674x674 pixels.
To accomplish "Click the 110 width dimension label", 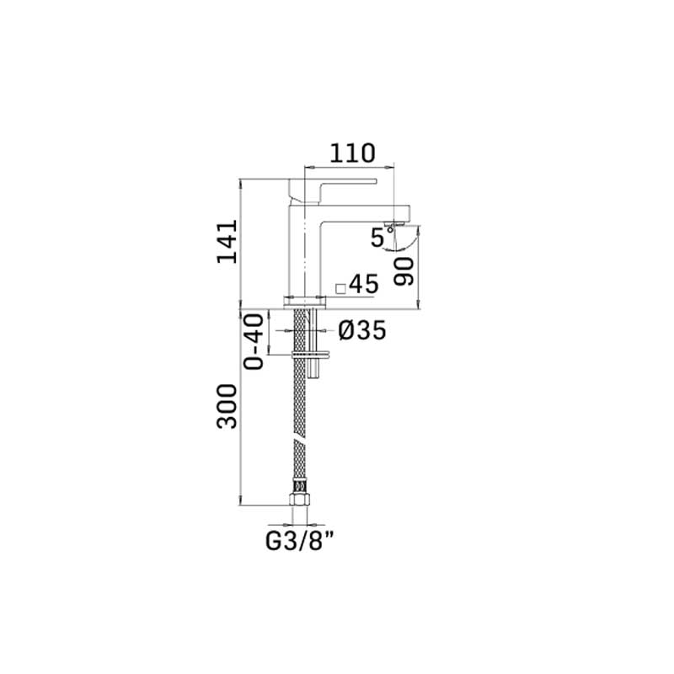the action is [352, 153].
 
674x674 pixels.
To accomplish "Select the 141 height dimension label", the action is [227, 241].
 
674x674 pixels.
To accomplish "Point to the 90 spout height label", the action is [404, 271].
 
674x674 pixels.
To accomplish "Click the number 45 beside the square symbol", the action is [364, 284].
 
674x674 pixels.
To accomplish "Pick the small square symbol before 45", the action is [341, 289].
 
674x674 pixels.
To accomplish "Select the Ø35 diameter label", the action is [362, 330].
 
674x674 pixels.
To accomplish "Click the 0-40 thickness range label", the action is [254, 342].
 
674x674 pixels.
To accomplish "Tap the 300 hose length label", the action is [227, 406].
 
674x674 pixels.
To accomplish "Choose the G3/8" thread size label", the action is [300, 541].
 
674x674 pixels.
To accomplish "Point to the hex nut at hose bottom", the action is [300, 499].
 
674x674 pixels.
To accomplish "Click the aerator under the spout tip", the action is [394, 222].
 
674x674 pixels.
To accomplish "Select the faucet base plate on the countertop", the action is [305, 302].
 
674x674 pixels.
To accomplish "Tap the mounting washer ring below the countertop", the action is [311, 355].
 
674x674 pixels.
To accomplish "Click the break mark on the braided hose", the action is [300, 443].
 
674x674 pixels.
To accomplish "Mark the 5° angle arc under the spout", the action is [405, 240].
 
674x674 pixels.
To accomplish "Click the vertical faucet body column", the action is [305, 249].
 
